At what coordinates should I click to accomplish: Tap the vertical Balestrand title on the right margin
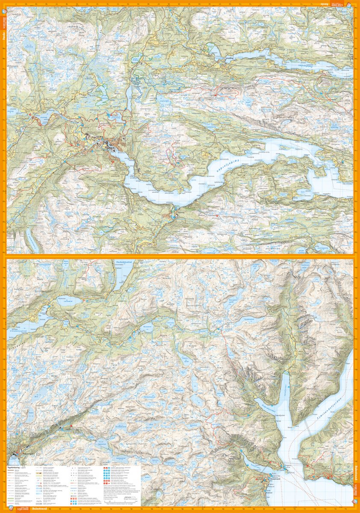(356, 475)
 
